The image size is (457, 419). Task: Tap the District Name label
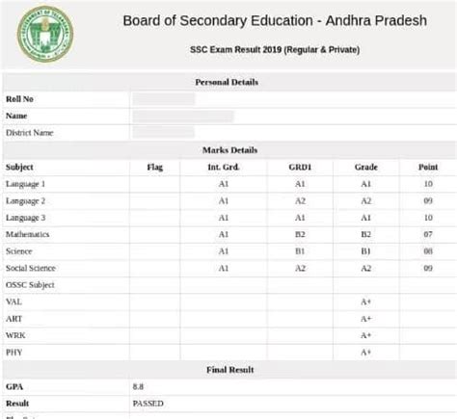tap(30, 133)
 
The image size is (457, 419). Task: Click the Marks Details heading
tap(228, 150)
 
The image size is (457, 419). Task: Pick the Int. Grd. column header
tap(223, 167)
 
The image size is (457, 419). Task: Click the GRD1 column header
tap(299, 167)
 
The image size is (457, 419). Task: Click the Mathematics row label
tap(28, 234)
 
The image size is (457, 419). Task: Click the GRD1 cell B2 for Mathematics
tap(299, 234)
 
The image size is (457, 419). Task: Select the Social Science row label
tap(31, 268)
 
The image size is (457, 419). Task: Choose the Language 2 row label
tap(25, 200)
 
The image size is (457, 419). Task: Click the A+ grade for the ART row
tap(366, 318)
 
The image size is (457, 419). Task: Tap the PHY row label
tap(14, 352)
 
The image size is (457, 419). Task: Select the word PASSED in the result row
tap(149, 403)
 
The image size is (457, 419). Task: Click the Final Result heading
tap(228, 369)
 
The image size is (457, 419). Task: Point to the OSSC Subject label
tap(30, 285)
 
